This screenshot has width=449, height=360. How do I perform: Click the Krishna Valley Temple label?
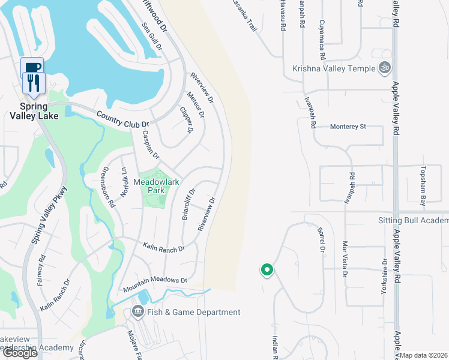[x=333, y=68]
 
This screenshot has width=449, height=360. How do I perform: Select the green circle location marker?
[x=267, y=271]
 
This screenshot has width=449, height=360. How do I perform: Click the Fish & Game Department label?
[x=194, y=312]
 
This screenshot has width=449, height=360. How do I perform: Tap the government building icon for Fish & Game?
[x=137, y=311]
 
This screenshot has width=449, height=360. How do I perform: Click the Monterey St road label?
[x=348, y=127]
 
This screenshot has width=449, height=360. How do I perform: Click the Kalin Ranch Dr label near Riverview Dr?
[x=163, y=247]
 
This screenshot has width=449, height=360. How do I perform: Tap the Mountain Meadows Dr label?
[x=155, y=284]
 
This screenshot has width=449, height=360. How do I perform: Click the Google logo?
[x=20, y=353]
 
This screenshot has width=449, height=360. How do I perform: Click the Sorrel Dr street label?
[x=321, y=240]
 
